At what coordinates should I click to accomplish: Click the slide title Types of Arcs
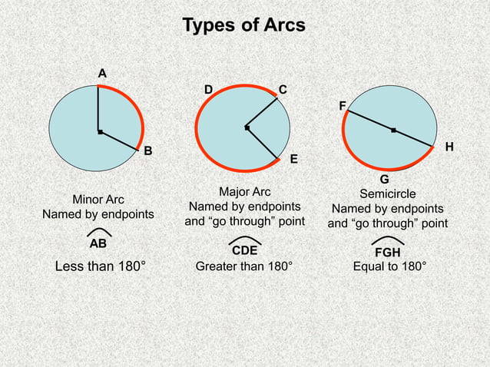point(243,25)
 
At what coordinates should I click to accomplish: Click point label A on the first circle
point(101,73)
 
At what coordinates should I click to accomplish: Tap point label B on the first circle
point(148,150)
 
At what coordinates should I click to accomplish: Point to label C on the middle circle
point(283,91)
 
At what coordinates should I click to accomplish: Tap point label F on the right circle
point(342,105)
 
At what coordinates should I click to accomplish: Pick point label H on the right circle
point(449,146)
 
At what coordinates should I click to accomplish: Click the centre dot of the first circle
point(99,133)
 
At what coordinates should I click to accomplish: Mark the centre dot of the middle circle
point(247,127)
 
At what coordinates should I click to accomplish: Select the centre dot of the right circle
point(393,131)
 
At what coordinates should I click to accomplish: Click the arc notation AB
point(98,243)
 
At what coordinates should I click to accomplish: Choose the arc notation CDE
point(244,250)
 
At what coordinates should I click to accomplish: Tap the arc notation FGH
point(387,251)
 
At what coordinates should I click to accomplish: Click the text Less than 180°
point(101,267)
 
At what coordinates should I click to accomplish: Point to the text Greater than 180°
point(244,267)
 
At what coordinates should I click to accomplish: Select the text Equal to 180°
point(389,267)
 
